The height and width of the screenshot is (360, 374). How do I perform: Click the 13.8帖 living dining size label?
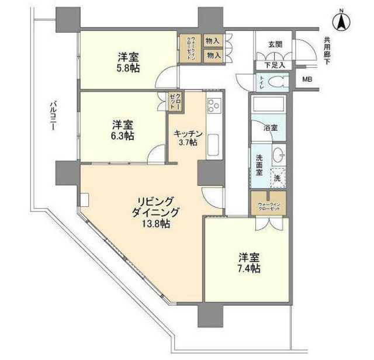pos(155,223)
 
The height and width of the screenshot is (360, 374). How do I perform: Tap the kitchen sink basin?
pos(213,144)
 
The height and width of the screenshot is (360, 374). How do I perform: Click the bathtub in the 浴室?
pos(268,106)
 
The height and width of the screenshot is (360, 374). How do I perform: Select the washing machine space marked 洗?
pos(276,176)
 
